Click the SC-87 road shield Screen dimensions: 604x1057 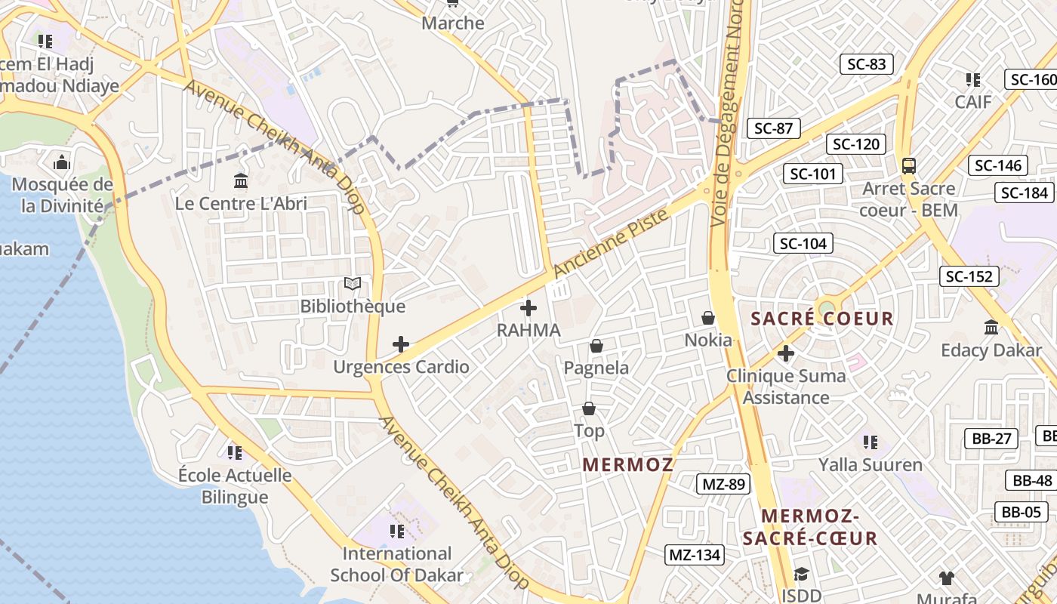(x=774, y=128)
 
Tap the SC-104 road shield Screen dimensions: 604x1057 (x=803, y=243)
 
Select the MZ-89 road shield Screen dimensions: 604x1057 (x=723, y=484)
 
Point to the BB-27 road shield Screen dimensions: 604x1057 (x=991, y=439)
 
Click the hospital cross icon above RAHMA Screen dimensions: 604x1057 (x=528, y=308)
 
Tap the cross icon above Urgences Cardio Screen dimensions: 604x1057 (x=401, y=345)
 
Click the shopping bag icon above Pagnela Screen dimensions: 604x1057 (x=596, y=346)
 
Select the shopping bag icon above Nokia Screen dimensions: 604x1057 (x=708, y=318)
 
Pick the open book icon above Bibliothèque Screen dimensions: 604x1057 (x=353, y=284)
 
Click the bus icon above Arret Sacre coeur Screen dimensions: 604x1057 (x=909, y=165)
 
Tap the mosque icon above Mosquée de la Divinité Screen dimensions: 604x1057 (x=62, y=162)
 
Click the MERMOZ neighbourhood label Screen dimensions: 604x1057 (x=628, y=465)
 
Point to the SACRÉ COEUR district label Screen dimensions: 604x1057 (x=822, y=319)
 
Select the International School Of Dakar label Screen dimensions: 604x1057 (x=397, y=564)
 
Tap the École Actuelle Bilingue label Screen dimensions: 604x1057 (x=235, y=485)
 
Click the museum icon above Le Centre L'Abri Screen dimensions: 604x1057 (x=241, y=180)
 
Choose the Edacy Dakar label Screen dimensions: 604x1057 (x=991, y=350)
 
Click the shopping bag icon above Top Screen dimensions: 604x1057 (x=589, y=408)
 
